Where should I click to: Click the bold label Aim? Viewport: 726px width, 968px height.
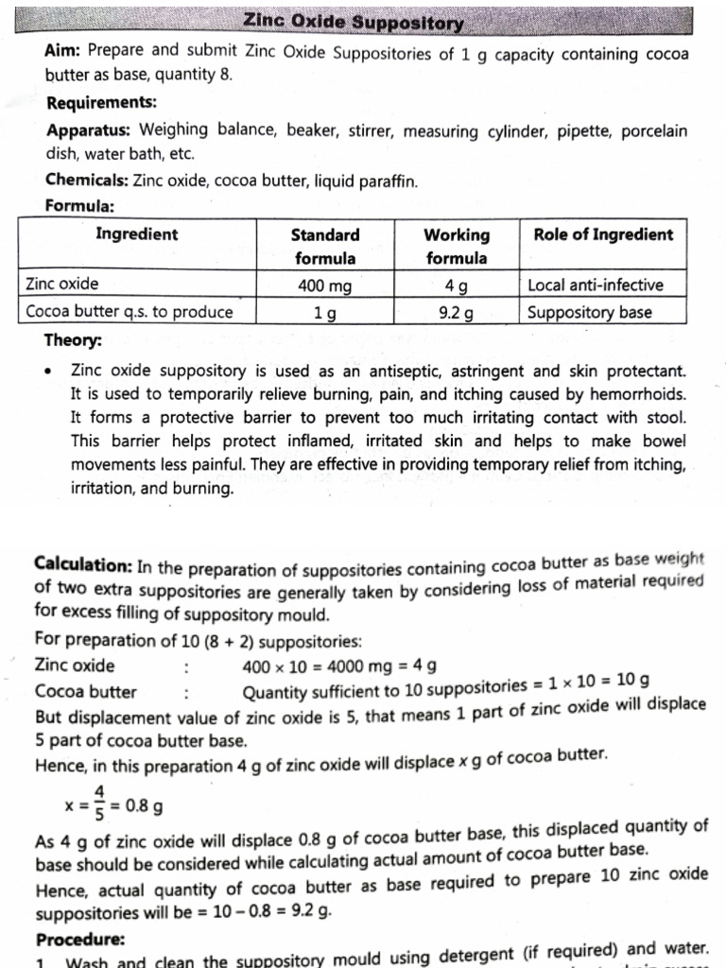[x=64, y=55]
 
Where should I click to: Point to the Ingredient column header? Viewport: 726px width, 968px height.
[x=136, y=235]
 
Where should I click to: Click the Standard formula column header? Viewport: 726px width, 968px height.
[x=324, y=246]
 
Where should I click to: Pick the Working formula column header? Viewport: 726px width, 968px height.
[x=457, y=246]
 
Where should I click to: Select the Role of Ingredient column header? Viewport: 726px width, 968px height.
[x=603, y=235]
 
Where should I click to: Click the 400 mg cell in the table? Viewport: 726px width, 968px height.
[x=324, y=285]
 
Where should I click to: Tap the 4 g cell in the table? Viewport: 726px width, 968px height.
[x=457, y=285]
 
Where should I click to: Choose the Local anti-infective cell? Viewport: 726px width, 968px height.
[x=596, y=285]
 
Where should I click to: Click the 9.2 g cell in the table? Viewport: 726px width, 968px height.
[x=457, y=311]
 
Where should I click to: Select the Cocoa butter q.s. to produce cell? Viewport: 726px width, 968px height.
[x=129, y=311]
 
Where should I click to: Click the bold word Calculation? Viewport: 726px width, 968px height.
[x=83, y=564]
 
